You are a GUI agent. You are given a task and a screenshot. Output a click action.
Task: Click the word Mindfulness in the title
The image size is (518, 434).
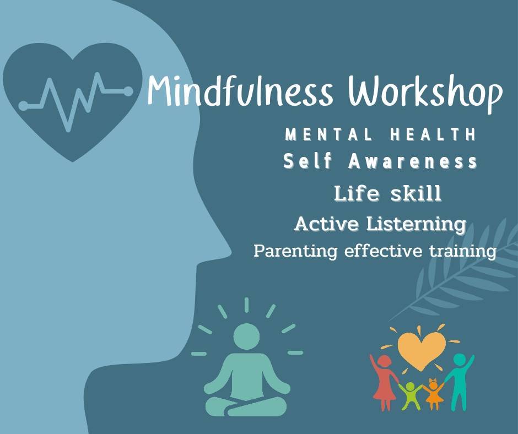coord(240,90)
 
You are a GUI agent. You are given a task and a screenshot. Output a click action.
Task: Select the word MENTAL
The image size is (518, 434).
coord(328,134)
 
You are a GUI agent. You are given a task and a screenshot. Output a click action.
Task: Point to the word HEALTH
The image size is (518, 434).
coord(433,134)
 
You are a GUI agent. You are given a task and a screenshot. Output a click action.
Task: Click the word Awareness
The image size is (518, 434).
coord(413,161)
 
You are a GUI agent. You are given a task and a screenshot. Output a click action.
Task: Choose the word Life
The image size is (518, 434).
coord(357,193)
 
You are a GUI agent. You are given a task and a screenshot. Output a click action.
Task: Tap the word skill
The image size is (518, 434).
coord(416,193)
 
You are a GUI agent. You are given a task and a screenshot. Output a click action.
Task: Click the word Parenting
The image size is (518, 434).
coord(295,251)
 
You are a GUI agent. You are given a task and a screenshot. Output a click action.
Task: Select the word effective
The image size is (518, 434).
coord(383,251)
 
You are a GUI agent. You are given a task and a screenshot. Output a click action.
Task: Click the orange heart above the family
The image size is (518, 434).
coord(421,351)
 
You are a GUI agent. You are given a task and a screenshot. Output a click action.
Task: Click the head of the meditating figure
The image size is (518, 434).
coord(246,337)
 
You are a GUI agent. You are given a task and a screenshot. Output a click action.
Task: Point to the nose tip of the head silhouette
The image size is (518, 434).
coord(230,253)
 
